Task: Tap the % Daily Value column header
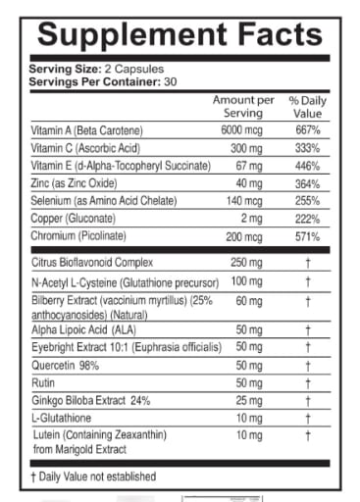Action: (307, 108)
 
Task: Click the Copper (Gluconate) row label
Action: (75, 221)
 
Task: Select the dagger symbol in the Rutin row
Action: (308, 382)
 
